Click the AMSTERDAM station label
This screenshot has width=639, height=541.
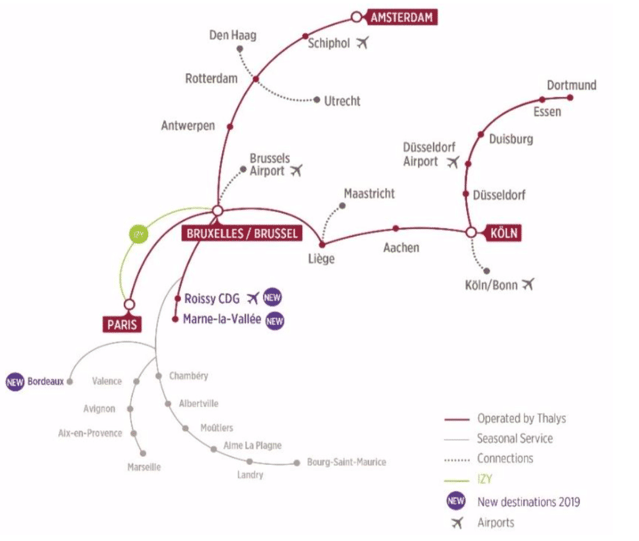click(x=401, y=17)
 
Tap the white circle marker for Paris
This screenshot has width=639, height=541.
click(x=129, y=305)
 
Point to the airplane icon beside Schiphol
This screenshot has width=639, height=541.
click(x=363, y=43)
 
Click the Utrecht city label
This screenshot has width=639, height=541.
click(x=342, y=100)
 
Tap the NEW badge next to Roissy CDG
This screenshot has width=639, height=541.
click(x=272, y=298)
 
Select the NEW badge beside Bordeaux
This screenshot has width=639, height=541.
click(x=15, y=381)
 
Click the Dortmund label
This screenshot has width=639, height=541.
click(x=571, y=85)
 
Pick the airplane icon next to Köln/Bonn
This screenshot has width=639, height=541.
click(x=528, y=285)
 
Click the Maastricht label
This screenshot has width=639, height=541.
click(x=369, y=194)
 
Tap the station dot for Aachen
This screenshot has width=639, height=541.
click(x=395, y=227)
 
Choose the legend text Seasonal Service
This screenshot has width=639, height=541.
click(x=515, y=438)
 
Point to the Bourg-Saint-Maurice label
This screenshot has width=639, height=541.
click(x=346, y=462)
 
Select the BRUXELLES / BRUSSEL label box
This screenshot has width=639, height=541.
click(x=241, y=233)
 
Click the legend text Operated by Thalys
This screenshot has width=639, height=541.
click(x=521, y=418)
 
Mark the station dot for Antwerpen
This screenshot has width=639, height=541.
click(x=229, y=126)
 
